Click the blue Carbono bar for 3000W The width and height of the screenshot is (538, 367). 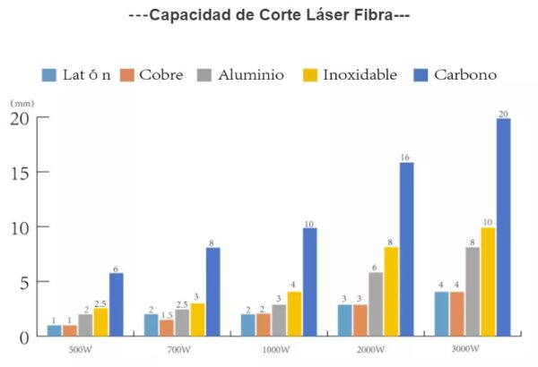click(x=504, y=227)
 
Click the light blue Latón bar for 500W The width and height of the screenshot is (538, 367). click(x=55, y=330)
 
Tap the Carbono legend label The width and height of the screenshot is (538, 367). click(x=464, y=75)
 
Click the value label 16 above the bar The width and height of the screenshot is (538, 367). click(x=406, y=157)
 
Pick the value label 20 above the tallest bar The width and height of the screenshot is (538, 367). click(x=503, y=113)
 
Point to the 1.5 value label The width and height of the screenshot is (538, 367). click(x=168, y=314)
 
